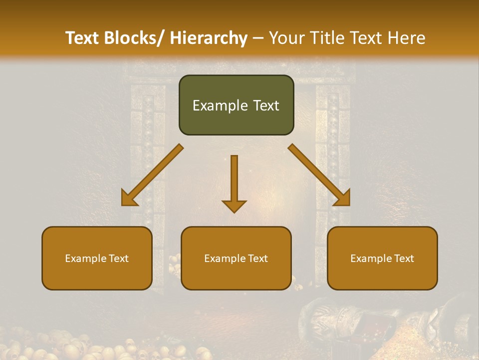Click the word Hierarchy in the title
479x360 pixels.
click(x=209, y=38)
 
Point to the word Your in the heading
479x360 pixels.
click(x=286, y=38)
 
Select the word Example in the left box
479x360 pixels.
click(x=86, y=258)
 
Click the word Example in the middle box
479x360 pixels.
click(x=225, y=258)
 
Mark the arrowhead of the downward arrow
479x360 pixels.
click(x=234, y=205)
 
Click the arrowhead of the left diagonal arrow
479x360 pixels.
click(x=129, y=199)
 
